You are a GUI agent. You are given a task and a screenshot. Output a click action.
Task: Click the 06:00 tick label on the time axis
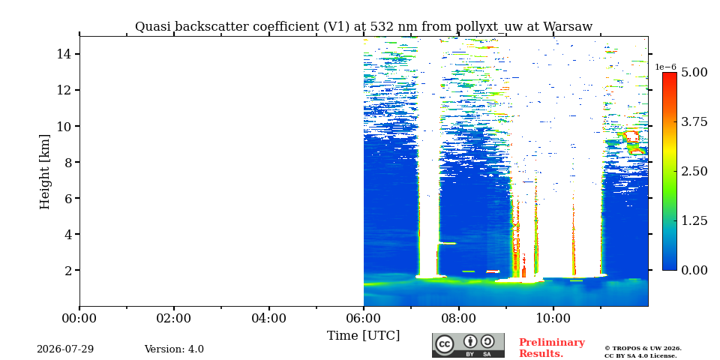coord(364,318)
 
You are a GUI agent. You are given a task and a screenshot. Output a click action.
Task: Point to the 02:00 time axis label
coord(174,318)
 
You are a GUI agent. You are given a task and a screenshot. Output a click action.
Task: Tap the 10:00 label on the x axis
coord(553,318)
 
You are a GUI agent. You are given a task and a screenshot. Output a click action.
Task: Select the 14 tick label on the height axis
coord(63,54)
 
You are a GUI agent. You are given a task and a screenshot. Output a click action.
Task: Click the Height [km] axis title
coord(44,172)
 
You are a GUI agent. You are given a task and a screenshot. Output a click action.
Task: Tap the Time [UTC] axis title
coord(363,336)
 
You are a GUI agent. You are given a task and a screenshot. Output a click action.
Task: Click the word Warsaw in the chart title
coord(568,27)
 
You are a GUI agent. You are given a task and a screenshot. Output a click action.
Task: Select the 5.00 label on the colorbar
coord(694,73)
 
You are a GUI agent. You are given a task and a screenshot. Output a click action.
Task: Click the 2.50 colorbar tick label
coord(694,171)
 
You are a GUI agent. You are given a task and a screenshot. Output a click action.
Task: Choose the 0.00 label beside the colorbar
coord(694,270)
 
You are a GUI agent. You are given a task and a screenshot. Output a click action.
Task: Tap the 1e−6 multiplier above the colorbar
coord(666,67)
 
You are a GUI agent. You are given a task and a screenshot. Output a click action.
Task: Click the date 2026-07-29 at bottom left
coord(65,349)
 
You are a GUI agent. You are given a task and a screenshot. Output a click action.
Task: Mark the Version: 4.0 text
coord(174,349)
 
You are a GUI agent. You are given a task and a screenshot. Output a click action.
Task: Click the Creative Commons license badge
coord(468,345)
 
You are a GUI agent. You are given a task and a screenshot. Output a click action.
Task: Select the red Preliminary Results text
coord(552,348)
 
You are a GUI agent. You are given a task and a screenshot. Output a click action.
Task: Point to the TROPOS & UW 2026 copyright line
coord(643,349)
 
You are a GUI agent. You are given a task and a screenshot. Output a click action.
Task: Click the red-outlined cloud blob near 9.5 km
coord(632,136)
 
